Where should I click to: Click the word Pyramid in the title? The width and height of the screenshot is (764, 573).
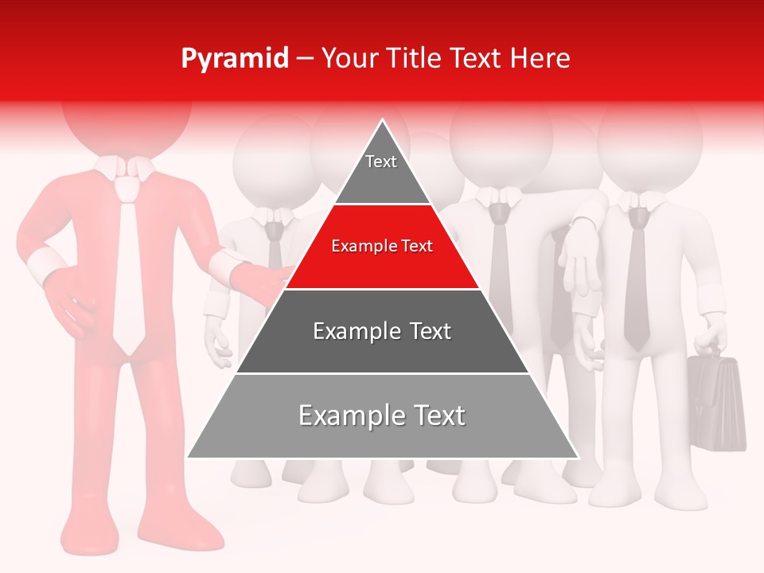(x=234, y=59)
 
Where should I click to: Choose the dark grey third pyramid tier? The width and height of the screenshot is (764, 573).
(x=382, y=331)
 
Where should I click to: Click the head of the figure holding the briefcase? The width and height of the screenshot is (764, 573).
(x=649, y=147)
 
